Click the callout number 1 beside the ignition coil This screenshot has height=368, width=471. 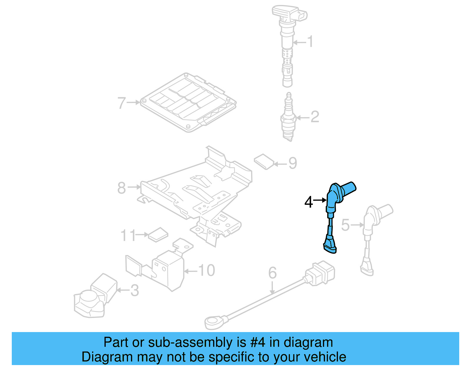(310, 42)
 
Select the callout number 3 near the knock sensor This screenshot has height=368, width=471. (135, 291)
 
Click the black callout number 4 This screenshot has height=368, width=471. (309, 202)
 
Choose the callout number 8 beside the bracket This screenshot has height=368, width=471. (122, 188)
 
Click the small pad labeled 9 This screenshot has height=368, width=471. (264, 161)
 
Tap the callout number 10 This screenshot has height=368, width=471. (206, 270)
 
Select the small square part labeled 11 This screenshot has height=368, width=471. (158, 235)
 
